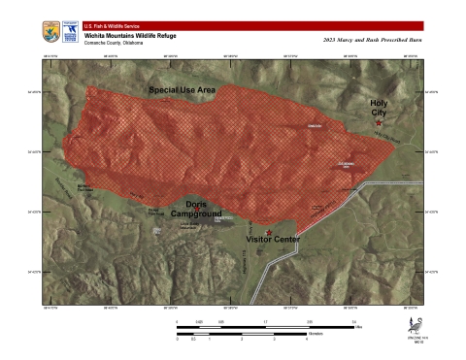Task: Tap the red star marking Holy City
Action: click(x=379, y=123)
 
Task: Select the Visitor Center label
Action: click(x=271, y=238)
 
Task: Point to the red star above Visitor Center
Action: click(x=269, y=229)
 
